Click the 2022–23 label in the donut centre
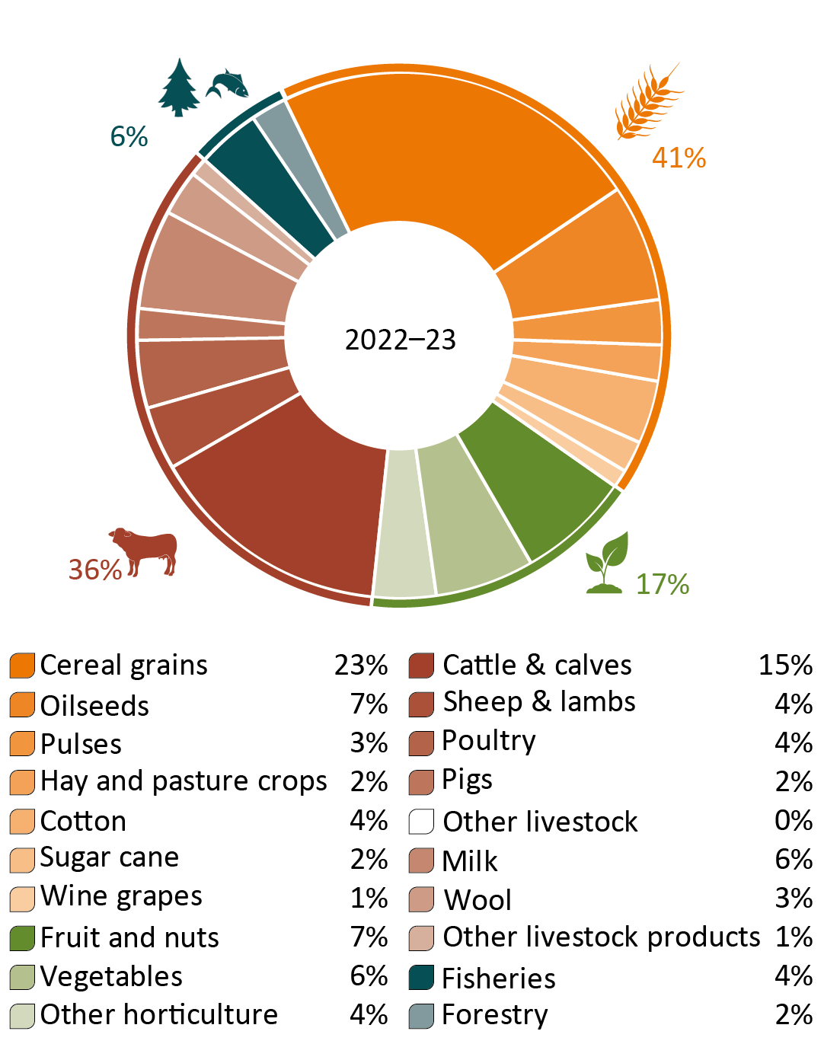(x=400, y=340)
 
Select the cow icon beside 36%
(x=145, y=551)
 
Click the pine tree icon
(x=179, y=87)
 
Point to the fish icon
(x=227, y=84)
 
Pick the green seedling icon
(x=607, y=563)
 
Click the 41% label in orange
(x=679, y=158)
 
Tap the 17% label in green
(x=662, y=584)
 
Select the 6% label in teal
(x=129, y=136)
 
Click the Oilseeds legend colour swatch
(x=22, y=704)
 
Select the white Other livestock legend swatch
(x=421, y=822)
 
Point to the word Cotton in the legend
(x=83, y=821)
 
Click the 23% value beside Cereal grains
(x=361, y=665)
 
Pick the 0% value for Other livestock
(x=794, y=820)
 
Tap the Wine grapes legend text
(x=121, y=896)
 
